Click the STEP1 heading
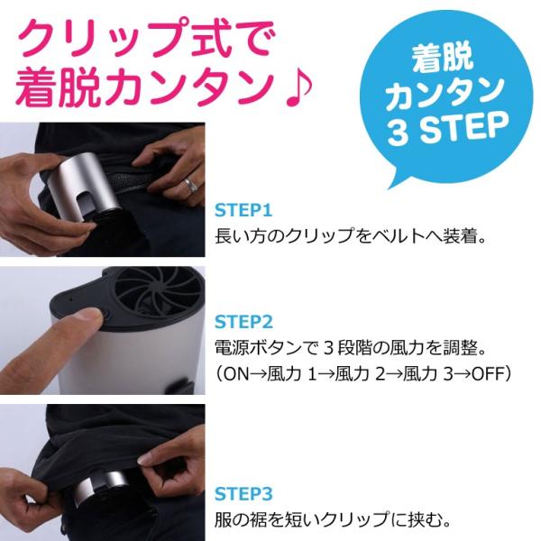[x=243, y=211]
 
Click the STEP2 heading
[x=243, y=320]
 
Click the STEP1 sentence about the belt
[x=352, y=239]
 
